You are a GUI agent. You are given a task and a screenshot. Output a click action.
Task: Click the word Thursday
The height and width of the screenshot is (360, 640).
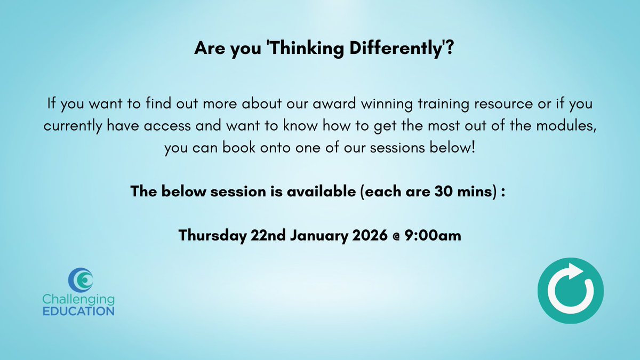212,235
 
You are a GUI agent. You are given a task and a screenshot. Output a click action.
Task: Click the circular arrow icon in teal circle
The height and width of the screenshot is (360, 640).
570,291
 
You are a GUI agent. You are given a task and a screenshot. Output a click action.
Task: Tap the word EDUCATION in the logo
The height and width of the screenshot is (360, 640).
78,310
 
